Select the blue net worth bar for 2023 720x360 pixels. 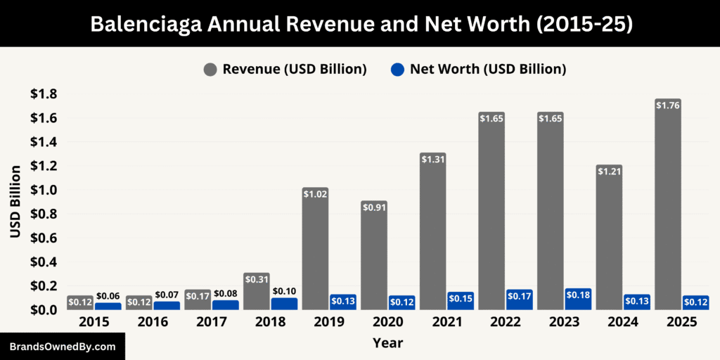pyautogui.click(x=578, y=299)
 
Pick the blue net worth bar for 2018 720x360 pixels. pyautogui.click(x=284, y=304)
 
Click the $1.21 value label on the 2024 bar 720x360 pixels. pyautogui.click(x=610, y=171)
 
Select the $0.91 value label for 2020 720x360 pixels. pyautogui.click(x=374, y=207)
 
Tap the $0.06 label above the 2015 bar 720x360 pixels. pyautogui.click(x=108, y=296)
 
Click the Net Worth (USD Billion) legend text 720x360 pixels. pyautogui.click(x=488, y=69)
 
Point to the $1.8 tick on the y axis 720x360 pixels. pyautogui.click(x=44, y=94)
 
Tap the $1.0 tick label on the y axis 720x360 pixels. pyautogui.click(x=44, y=190)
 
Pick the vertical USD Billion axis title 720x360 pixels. pyautogui.click(x=15, y=202)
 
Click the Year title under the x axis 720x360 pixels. pyautogui.click(x=387, y=344)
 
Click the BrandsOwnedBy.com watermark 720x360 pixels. pyautogui.click(x=62, y=347)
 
